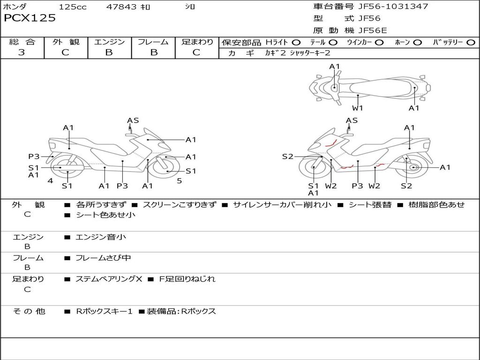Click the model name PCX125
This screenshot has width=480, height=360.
30,18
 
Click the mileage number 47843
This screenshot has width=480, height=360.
121,7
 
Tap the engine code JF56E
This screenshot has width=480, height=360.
373,30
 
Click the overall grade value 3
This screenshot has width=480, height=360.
22,52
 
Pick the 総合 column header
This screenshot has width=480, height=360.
22,42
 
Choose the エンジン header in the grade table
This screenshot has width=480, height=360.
109,42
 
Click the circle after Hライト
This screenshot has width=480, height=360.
296,43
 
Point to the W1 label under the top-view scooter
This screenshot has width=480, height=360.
358,108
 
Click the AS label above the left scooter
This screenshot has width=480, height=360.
133,120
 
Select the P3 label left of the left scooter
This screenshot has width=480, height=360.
34,157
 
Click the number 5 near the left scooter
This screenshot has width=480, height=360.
179,180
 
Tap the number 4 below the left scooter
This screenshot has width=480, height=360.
50,180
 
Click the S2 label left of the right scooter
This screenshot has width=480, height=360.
287,157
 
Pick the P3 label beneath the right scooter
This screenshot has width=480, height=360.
358,186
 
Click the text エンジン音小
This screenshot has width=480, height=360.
101,237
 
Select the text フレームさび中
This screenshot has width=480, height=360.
103,258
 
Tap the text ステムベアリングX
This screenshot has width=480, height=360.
109,279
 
